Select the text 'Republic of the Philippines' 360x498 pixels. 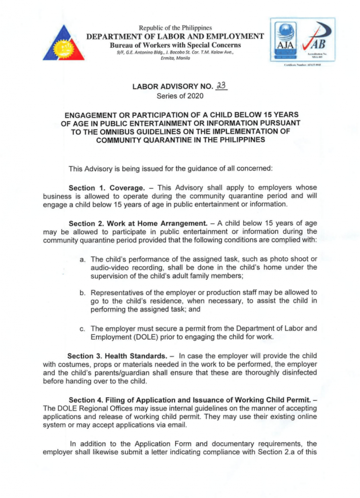click(175, 28)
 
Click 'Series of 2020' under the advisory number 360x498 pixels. click(180, 96)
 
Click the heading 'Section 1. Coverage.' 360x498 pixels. click(106, 188)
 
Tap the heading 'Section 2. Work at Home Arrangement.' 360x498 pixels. click(138, 223)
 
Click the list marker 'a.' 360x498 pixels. click(83, 259)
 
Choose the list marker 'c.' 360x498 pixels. click(83, 329)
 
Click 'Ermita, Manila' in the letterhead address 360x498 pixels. click(175, 58)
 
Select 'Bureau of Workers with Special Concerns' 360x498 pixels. click(175, 45)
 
